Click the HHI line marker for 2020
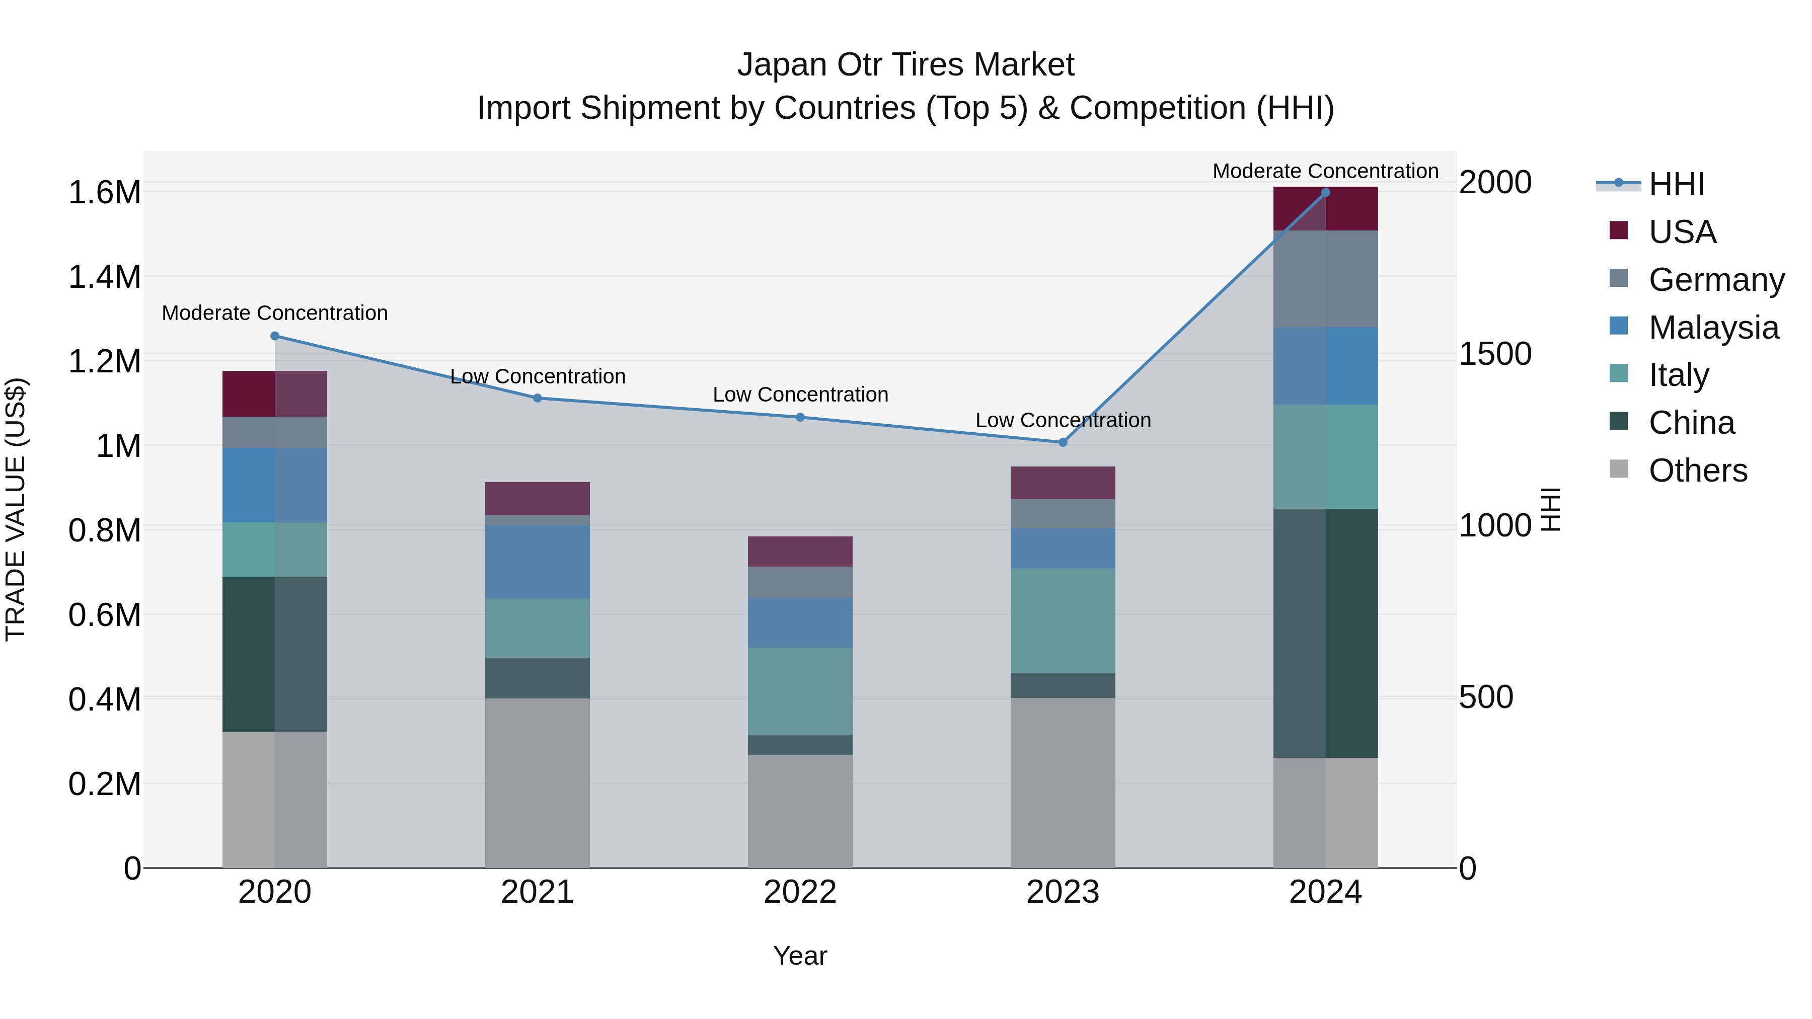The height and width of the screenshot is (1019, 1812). click(x=275, y=336)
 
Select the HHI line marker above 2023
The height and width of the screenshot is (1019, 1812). click(x=1063, y=442)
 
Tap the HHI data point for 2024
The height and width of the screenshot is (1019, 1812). click(x=1325, y=192)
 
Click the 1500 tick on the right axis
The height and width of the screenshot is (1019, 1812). click(x=1495, y=354)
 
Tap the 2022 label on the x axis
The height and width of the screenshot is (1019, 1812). click(x=800, y=892)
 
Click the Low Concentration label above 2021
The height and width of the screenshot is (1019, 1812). click(x=538, y=377)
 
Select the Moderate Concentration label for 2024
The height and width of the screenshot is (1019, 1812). click(x=1325, y=172)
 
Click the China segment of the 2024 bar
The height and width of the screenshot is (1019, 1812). click(x=1325, y=633)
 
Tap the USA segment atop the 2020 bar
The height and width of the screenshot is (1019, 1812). click(x=275, y=394)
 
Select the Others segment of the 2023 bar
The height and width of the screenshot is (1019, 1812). click(x=1063, y=782)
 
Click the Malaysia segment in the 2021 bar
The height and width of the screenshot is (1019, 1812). click(x=538, y=562)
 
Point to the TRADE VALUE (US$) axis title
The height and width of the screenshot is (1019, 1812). click(x=16, y=509)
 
